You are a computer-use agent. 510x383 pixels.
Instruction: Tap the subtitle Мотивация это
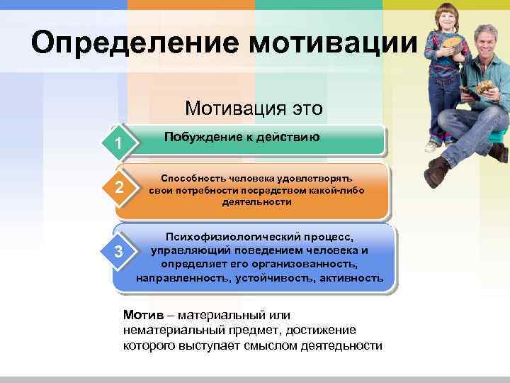[254, 108]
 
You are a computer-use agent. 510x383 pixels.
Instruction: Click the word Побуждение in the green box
[200, 137]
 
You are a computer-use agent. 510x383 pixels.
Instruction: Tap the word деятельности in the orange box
[256, 202]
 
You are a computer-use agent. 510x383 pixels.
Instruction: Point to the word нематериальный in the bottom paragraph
[169, 331]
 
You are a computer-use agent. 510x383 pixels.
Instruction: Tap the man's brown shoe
[437, 172]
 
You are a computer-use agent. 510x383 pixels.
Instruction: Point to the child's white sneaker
[431, 146]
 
